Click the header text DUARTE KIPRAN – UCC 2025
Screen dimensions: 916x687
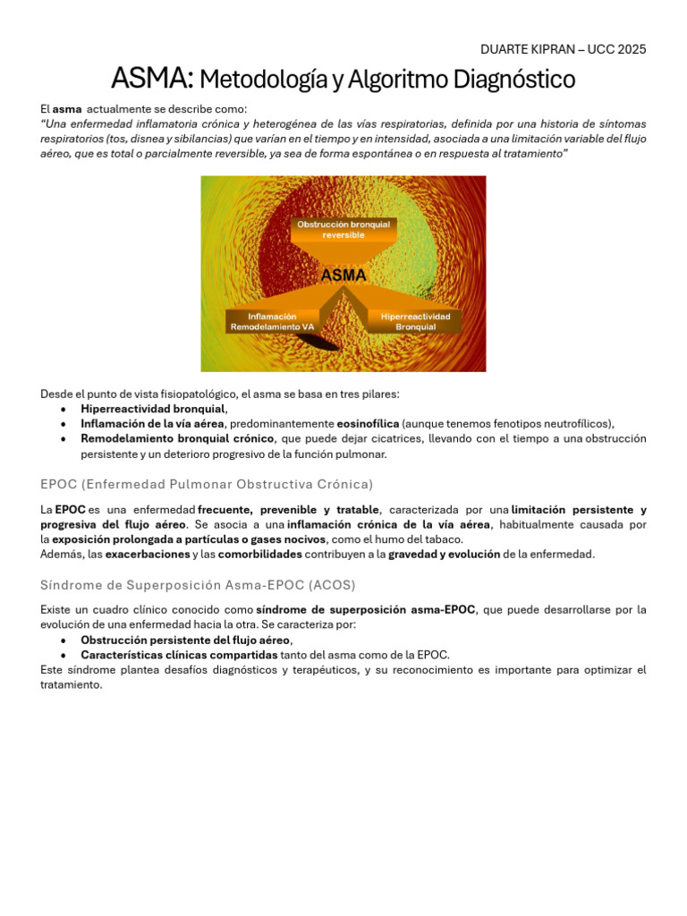tap(563, 48)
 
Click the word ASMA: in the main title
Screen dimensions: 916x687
tap(151, 80)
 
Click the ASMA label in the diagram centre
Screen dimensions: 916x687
tap(343, 276)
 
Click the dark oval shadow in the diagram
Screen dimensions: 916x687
tap(318, 343)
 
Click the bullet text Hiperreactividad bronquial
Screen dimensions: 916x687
tap(153, 408)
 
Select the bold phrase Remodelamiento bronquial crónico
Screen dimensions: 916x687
tap(177, 438)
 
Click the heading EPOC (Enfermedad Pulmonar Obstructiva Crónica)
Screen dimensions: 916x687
tap(207, 484)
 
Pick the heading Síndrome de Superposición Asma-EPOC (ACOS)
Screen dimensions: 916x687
tap(198, 585)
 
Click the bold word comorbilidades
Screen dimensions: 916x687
tap(274, 555)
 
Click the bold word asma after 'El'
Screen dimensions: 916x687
tap(67, 108)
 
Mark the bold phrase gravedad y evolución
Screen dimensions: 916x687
tap(444, 555)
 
